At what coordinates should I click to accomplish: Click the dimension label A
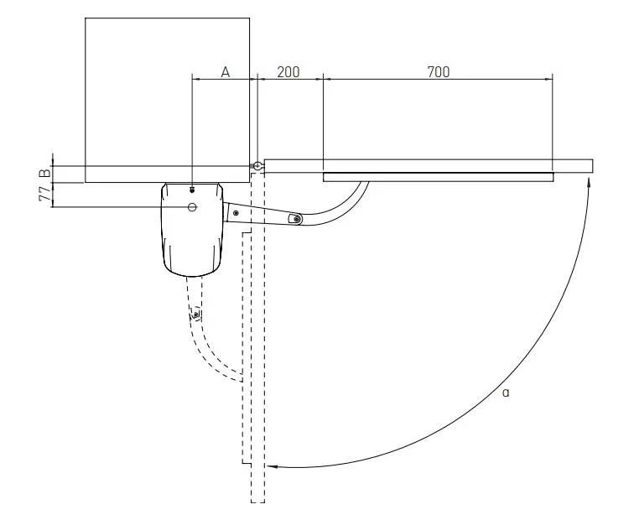click(226, 72)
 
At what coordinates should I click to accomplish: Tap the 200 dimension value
click(288, 72)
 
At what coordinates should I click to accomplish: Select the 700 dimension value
click(439, 72)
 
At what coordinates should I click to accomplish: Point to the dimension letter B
click(45, 173)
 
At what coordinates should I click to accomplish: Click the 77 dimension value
click(45, 195)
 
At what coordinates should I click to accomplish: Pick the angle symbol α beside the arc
click(506, 393)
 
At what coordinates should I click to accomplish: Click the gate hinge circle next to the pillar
click(257, 165)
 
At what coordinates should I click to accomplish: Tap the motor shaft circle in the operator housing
click(193, 207)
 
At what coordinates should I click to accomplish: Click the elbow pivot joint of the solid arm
click(297, 219)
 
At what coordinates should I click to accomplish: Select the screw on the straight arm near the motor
click(236, 213)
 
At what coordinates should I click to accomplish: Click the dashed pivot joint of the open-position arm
click(195, 315)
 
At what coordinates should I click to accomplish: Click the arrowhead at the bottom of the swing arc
click(272, 466)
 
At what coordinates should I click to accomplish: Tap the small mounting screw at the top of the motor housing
click(192, 190)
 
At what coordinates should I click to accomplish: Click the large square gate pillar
click(168, 101)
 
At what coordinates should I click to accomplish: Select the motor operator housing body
click(193, 230)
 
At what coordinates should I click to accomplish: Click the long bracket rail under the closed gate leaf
click(439, 177)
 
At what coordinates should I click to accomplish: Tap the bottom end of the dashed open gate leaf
click(258, 502)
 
